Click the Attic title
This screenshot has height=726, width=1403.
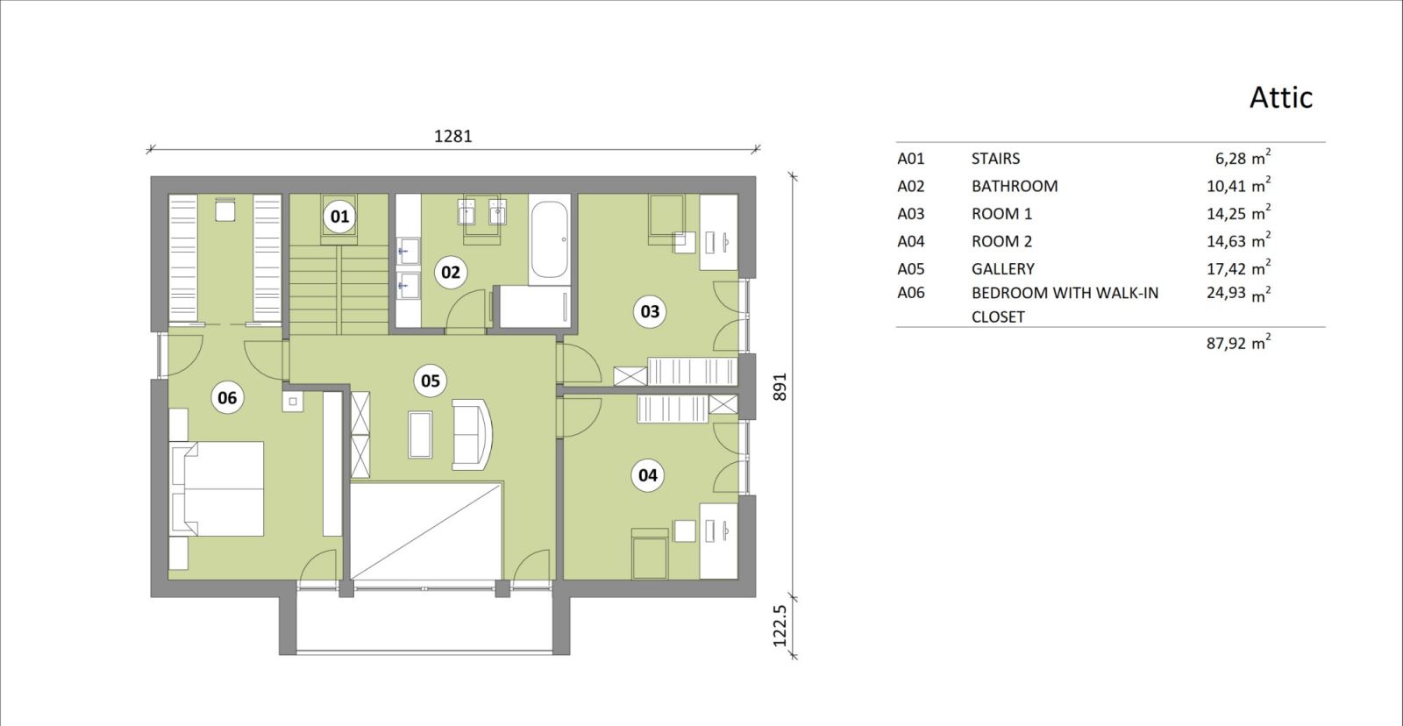tap(1281, 97)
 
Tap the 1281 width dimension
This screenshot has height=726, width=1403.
tap(452, 136)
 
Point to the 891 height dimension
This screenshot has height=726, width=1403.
tap(780, 388)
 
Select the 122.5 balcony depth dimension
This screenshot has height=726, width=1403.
tap(780, 625)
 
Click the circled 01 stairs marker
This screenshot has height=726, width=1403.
tap(339, 217)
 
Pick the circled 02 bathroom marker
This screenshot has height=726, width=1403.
tap(451, 273)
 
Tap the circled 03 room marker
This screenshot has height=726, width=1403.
tap(650, 311)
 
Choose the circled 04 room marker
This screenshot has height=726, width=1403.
tap(648, 475)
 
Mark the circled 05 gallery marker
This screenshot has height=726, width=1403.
tap(431, 381)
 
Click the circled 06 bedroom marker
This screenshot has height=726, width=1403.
tap(227, 398)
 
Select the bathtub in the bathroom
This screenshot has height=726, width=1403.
tap(549, 238)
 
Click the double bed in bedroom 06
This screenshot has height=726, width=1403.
tap(217, 488)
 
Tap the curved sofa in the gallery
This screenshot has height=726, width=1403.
tap(473, 435)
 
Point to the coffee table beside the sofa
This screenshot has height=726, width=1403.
tap(420, 434)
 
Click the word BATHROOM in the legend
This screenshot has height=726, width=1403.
tap(1015, 186)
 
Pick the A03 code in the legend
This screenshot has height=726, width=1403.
tap(911, 214)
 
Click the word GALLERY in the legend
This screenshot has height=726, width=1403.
tap(1003, 268)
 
